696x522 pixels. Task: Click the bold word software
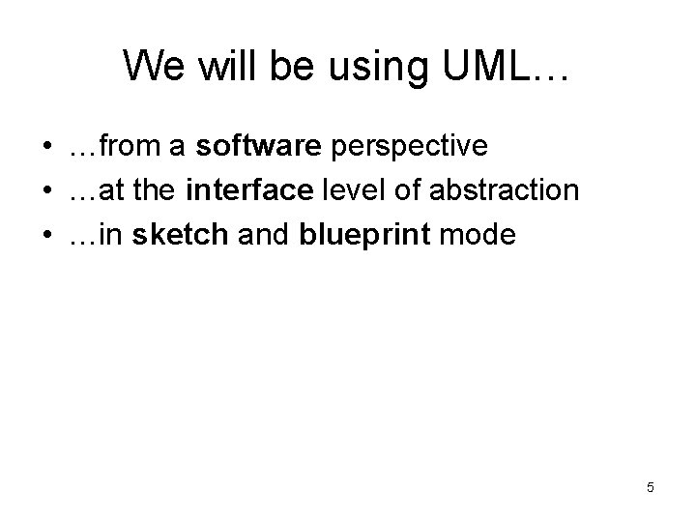coord(260,147)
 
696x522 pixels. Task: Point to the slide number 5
coord(651,487)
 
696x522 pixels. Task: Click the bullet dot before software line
coord(45,148)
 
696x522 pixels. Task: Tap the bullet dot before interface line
coord(45,190)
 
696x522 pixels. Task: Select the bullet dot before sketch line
coord(45,233)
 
